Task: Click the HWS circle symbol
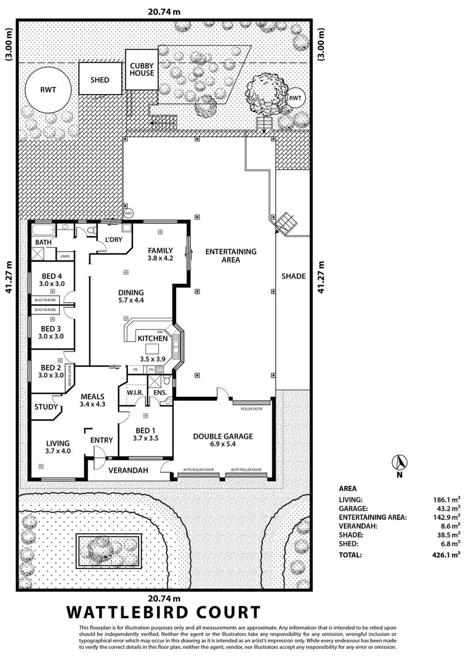click(128, 213)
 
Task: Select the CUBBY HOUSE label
click(142, 69)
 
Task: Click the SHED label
click(100, 80)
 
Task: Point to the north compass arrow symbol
click(399, 462)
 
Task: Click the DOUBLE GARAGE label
click(223, 436)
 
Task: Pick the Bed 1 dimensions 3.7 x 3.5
click(146, 438)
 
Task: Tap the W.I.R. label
click(135, 393)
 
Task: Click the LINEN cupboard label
click(65, 256)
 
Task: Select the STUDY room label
click(46, 407)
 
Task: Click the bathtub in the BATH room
click(43, 230)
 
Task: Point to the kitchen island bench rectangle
click(152, 349)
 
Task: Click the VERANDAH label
click(128, 470)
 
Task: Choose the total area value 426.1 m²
click(446, 555)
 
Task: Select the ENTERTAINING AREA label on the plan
click(231, 256)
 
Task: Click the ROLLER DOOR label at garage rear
click(252, 409)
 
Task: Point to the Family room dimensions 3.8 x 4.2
click(160, 258)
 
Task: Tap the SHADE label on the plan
click(293, 276)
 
